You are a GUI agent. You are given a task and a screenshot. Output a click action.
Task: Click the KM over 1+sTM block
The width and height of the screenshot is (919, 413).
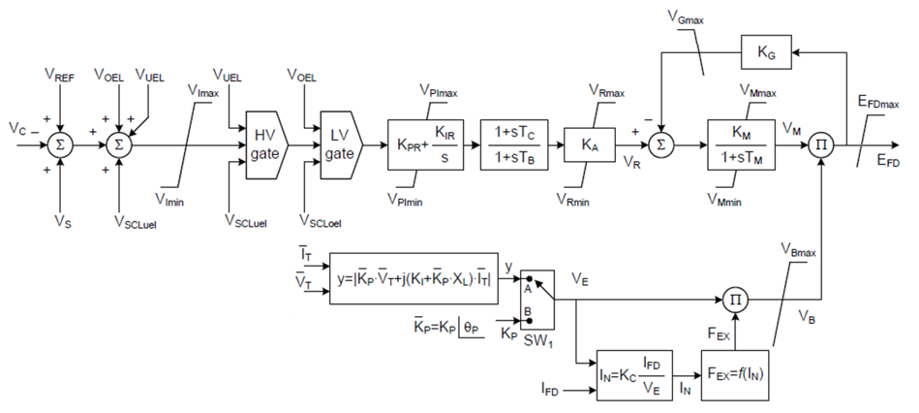tap(743, 144)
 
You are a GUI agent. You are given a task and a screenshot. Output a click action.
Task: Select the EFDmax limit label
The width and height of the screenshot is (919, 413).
tap(876, 103)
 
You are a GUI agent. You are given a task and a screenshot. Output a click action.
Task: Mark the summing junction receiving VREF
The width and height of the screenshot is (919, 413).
tap(60, 144)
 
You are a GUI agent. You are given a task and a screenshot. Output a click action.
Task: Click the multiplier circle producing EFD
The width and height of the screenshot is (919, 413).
tap(821, 144)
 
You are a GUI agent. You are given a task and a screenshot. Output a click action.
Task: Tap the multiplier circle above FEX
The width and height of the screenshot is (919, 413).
tap(736, 298)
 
